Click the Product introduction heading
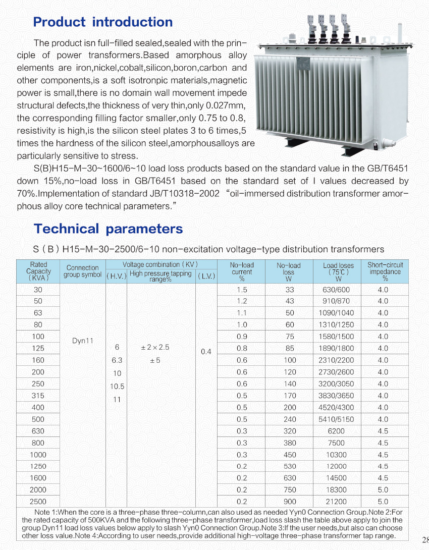point(102,22)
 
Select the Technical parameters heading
point(108,229)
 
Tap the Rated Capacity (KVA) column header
point(38,271)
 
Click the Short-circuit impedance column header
point(385,271)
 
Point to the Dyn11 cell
point(83,341)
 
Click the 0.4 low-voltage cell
point(206,351)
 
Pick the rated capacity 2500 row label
point(38,502)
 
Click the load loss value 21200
point(336,502)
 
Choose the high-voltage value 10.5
point(118,387)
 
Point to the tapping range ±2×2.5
point(155,348)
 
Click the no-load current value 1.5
point(242,290)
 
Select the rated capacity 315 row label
point(38,396)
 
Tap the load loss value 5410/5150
point(336,419)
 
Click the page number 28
point(424,538)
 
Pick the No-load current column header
point(242,271)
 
